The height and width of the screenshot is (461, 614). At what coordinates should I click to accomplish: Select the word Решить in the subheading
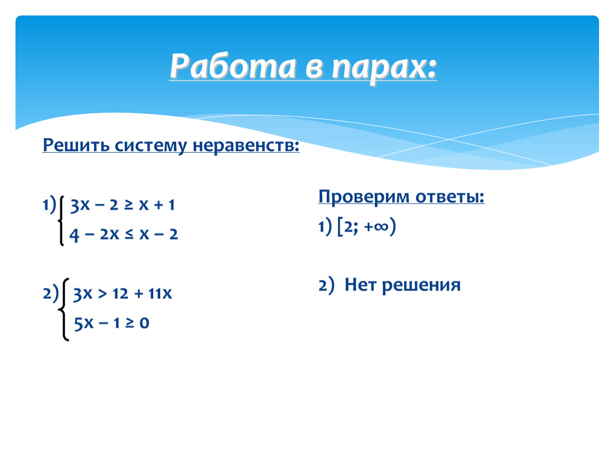(76, 145)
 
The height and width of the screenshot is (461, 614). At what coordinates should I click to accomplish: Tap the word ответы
(450, 197)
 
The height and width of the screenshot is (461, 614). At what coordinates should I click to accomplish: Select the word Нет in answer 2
(360, 284)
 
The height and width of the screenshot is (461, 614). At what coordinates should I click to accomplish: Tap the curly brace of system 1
(61, 220)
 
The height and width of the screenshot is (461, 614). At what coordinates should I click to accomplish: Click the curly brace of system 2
(64, 309)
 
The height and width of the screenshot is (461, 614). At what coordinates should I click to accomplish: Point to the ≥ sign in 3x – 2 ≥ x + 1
(129, 205)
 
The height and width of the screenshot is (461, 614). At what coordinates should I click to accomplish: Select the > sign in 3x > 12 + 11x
(102, 294)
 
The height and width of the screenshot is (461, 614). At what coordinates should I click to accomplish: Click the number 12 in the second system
(120, 293)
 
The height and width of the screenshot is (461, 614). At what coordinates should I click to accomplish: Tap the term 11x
(160, 293)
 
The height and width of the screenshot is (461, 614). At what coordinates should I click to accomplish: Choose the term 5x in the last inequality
(84, 323)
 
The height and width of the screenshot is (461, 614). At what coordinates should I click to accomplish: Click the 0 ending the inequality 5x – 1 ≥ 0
(144, 323)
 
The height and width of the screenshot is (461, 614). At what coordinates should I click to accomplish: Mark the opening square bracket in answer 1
(340, 227)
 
